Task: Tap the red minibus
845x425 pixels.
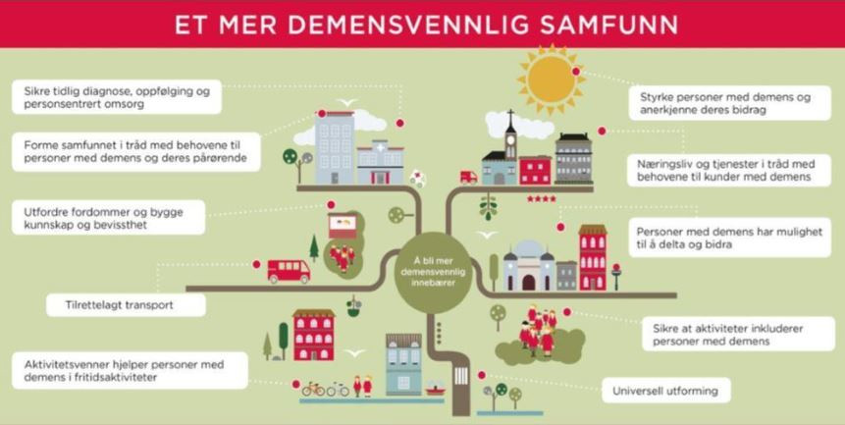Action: [289, 270]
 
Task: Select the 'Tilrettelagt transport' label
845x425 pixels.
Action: [126, 305]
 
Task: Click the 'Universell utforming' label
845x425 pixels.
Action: [665, 391]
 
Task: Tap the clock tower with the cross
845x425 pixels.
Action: [507, 147]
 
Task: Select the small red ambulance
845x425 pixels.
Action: [468, 178]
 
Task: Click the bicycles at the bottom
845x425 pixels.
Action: [325, 389]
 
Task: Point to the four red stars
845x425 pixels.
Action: [542, 199]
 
